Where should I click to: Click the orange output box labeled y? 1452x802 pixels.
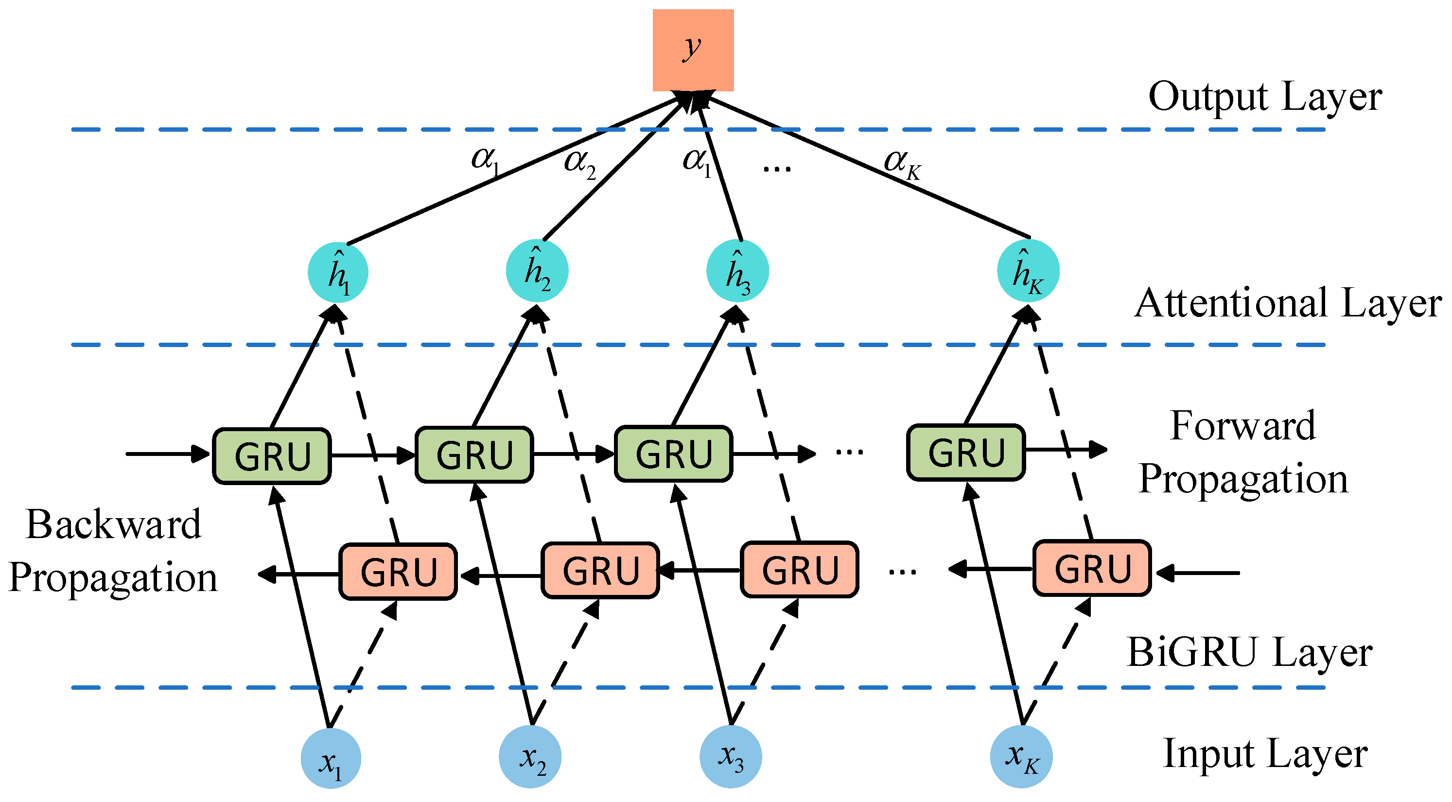(693, 50)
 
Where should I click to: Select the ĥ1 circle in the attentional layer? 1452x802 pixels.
(338, 273)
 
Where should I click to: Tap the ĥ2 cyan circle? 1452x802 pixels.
(537, 271)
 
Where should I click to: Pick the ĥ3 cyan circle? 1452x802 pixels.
(737, 271)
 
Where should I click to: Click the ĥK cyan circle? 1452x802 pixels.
(1028, 271)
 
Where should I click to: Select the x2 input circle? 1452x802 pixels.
(530, 757)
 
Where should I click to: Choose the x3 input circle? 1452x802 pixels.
(731, 757)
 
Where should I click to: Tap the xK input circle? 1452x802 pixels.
(1021, 757)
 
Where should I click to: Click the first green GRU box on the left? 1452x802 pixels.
(272, 456)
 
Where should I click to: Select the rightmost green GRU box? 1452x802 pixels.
(965, 453)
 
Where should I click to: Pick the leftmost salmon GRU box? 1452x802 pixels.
(398, 572)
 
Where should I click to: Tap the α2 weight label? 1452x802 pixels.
(579, 163)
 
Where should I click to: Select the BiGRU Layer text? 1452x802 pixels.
(1249, 653)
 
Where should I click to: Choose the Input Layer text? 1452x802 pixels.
(1265, 754)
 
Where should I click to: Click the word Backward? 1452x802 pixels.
(113, 525)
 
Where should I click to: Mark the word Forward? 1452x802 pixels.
(1242, 426)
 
